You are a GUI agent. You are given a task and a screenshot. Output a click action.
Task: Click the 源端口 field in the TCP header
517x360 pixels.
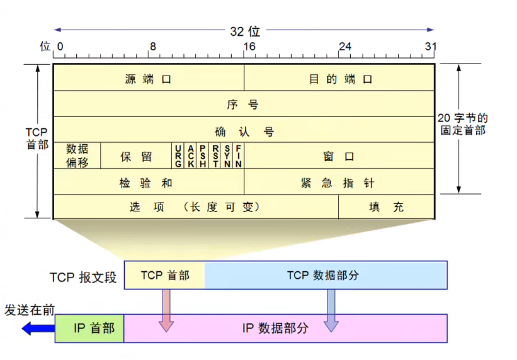149,79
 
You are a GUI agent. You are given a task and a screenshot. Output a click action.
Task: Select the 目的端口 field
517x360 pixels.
339,79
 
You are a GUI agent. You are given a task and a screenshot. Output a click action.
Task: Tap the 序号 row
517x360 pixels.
244,104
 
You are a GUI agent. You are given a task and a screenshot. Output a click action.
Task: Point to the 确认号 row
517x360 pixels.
244,131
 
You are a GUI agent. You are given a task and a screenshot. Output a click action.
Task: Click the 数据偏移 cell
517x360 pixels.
77,155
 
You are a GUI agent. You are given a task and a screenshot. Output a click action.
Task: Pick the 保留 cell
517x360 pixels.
137,156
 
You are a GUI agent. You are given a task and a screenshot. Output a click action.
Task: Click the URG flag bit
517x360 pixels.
179,155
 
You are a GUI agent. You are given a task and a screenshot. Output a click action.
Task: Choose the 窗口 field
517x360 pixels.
339,156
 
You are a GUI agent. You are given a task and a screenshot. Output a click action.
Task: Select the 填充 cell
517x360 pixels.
386,206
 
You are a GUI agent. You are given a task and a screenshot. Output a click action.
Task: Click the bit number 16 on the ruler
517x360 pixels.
249,47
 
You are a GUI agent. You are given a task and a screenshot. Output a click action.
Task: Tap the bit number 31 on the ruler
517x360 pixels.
430,47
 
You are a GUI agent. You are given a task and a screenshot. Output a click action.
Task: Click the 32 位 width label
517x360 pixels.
244,30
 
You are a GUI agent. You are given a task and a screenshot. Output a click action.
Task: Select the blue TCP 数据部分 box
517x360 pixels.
326,275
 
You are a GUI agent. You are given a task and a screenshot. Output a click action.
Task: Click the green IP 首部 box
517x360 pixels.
89,328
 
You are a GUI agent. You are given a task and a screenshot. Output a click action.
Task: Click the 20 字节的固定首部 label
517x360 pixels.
462,125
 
